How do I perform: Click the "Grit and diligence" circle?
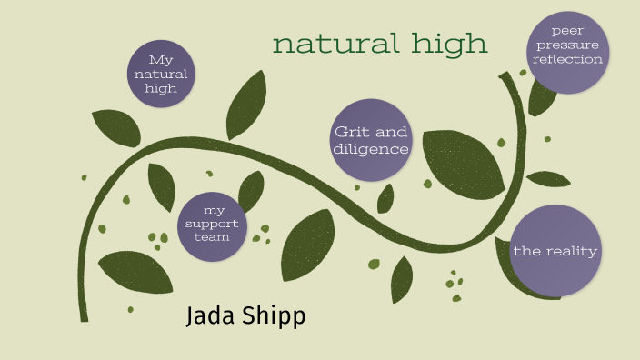[x=370, y=139]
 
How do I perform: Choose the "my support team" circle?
[x=212, y=225]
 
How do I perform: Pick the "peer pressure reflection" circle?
[x=568, y=51]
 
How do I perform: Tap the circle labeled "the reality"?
[x=555, y=250]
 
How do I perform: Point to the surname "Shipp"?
[x=274, y=317]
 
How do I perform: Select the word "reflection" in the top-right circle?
[x=568, y=59]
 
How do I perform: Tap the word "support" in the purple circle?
[x=212, y=224]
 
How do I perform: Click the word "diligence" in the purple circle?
[x=371, y=149]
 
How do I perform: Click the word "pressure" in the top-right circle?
[x=568, y=45]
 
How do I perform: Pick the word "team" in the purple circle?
[x=212, y=237]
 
